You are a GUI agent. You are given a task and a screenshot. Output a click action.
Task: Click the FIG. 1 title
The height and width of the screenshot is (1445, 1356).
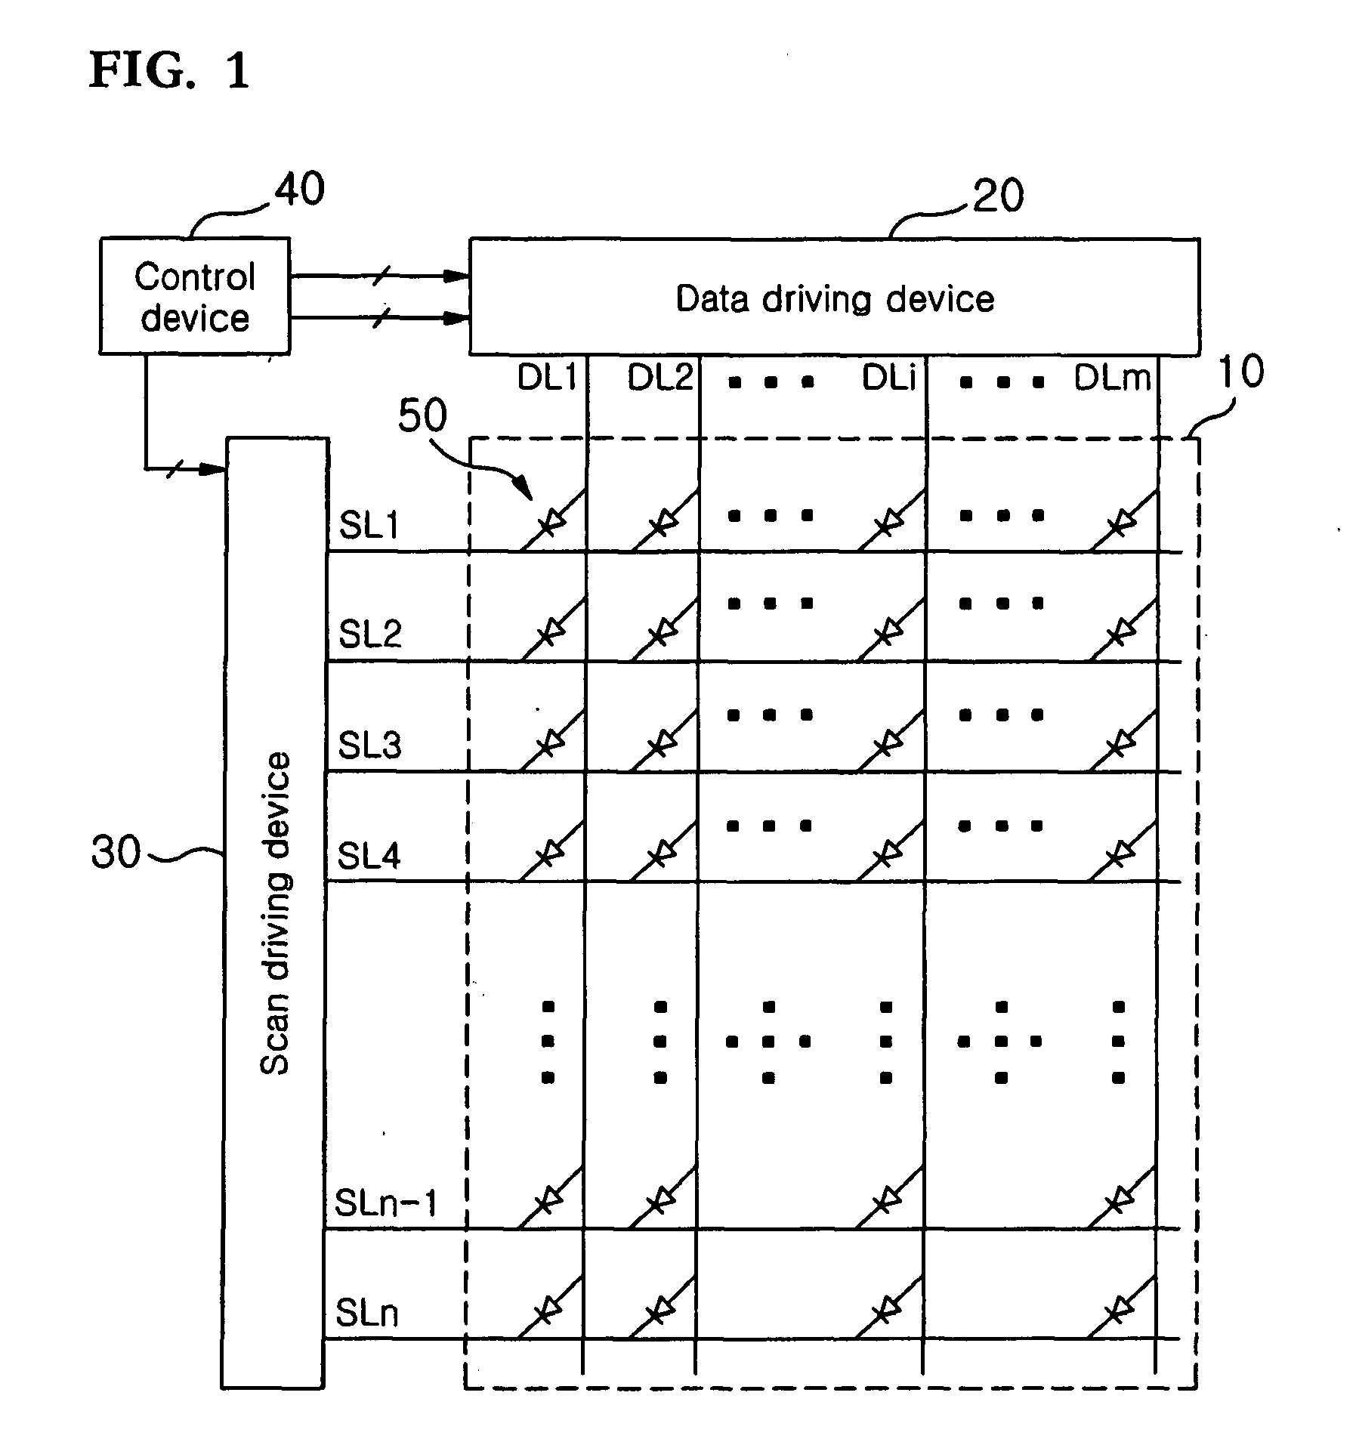click(169, 71)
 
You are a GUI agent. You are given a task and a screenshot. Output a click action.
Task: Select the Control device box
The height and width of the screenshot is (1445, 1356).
click(195, 296)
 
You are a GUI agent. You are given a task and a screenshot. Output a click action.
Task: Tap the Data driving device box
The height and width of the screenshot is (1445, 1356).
click(834, 297)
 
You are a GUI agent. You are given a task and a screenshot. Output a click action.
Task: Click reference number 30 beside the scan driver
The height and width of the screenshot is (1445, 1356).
click(116, 853)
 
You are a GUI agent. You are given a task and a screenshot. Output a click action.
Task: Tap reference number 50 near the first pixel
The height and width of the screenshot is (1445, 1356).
click(422, 415)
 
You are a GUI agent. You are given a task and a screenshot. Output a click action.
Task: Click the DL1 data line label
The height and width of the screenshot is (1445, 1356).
click(547, 377)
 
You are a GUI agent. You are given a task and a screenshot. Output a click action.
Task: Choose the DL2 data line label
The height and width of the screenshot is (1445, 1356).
click(660, 377)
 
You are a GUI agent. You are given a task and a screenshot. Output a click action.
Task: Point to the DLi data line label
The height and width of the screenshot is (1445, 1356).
click(889, 377)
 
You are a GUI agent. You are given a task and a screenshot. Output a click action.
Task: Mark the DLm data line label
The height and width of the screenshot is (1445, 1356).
click(1113, 377)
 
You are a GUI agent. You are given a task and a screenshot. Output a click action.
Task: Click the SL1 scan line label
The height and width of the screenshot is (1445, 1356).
click(369, 525)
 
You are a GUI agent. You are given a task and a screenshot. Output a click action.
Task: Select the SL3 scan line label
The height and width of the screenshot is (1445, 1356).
click(369, 746)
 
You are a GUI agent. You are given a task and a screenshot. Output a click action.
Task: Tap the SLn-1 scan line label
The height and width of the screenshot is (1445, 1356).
click(386, 1203)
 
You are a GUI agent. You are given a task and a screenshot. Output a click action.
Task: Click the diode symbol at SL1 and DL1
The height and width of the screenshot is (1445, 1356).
click(552, 520)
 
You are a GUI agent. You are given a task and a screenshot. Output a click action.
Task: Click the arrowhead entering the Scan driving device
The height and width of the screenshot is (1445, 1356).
click(215, 470)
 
